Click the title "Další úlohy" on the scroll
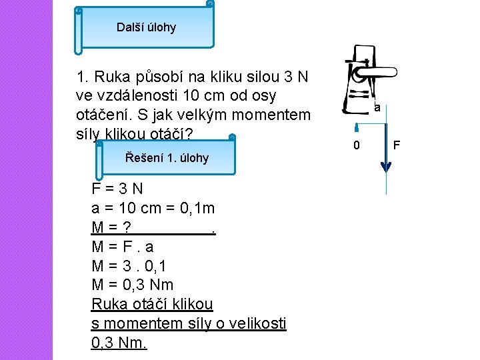click(146, 27)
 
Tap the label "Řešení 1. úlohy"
click(167, 158)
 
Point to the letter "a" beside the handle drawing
click(377, 107)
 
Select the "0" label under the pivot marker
click(357, 145)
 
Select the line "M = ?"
click(111, 227)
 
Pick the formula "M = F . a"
click(123, 247)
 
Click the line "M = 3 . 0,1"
click(131, 266)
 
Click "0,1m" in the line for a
click(197, 208)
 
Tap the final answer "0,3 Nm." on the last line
click(119, 343)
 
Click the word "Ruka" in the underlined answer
click(107, 304)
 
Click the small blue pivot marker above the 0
click(357, 127)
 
